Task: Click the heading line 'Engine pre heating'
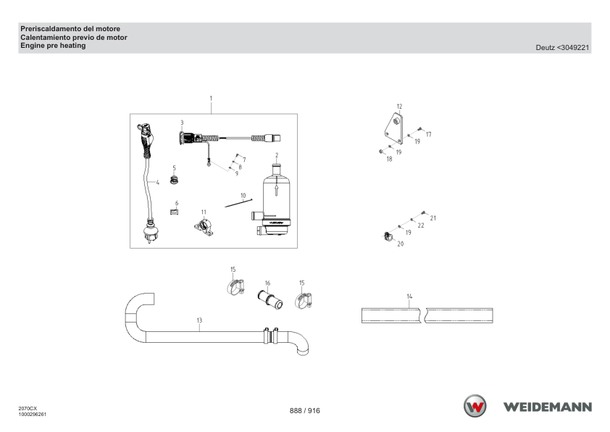(x=53, y=46)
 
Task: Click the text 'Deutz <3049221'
(x=562, y=48)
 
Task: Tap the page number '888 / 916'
(x=304, y=410)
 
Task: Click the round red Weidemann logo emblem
(x=475, y=406)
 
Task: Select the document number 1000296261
(x=33, y=414)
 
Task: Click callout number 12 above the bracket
(x=399, y=107)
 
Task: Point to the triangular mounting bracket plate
(x=393, y=128)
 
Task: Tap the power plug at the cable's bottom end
(x=150, y=231)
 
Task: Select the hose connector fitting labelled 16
(x=270, y=299)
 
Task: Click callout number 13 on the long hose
(x=199, y=320)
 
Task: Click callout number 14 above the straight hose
(x=409, y=296)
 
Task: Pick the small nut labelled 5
(x=174, y=180)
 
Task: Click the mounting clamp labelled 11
(x=204, y=228)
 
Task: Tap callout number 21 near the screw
(x=433, y=218)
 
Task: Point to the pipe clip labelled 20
(x=388, y=236)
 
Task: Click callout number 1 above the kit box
(x=211, y=99)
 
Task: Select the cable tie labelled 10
(x=238, y=203)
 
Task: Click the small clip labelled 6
(x=174, y=212)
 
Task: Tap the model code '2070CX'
(x=28, y=409)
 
